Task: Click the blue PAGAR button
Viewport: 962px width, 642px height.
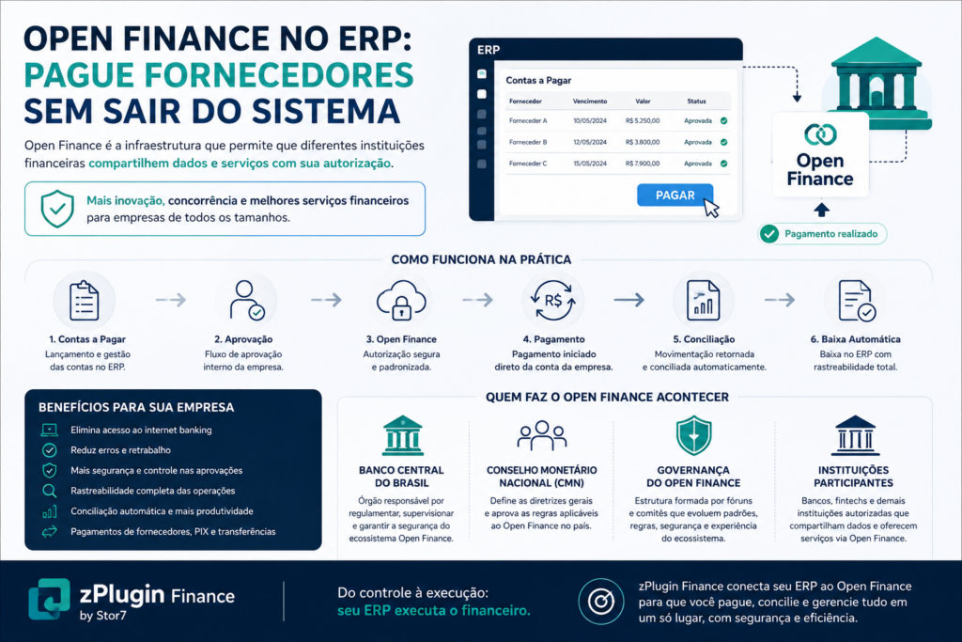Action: click(675, 196)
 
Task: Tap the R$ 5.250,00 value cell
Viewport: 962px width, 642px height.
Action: click(643, 121)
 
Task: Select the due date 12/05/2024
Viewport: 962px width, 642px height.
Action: click(590, 142)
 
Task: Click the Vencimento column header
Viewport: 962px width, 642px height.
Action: click(590, 102)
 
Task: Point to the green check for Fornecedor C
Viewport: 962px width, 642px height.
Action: click(724, 164)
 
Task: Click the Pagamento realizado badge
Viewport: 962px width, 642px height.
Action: click(822, 234)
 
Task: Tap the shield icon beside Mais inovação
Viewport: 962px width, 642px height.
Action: click(57, 209)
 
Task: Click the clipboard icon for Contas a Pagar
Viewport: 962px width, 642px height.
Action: click(84, 301)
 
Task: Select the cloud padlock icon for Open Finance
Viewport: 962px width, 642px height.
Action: click(401, 300)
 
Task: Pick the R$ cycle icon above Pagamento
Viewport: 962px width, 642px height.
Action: click(552, 300)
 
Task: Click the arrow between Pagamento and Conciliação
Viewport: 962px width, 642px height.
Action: click(628, 300)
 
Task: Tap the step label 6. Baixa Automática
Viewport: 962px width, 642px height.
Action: click(855, 339)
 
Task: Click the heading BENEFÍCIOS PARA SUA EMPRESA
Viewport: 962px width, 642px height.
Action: click(136, 408)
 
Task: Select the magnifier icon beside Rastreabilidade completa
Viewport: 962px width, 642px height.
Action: click(49, 491)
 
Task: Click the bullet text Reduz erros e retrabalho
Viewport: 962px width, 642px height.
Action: click(120, 450)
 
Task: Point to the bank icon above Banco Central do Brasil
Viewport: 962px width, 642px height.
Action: click(402, 436)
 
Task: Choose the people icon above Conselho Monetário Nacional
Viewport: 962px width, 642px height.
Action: click(541, 436)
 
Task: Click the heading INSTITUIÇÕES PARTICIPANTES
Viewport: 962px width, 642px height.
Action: click(853, 477)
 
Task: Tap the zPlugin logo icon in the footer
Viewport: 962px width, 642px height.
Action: click(49, 599)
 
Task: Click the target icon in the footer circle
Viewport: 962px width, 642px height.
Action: click(600, 602)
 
